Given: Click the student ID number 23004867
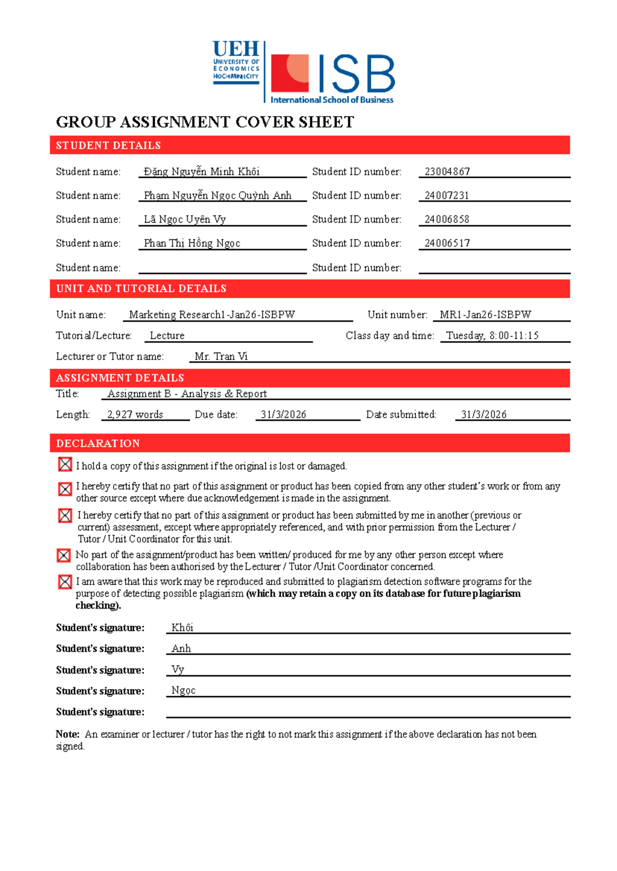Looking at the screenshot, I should (x=447, y=172).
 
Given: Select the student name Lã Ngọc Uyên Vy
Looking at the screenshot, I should (x=185, y=220).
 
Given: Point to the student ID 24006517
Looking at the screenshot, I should (x=447, y=243).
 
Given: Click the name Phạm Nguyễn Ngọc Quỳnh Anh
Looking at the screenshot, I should (x=217, y=196).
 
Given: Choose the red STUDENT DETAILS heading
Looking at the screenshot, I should (x=108, y=146).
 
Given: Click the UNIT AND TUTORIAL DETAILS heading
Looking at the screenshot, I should (x=141, y=288).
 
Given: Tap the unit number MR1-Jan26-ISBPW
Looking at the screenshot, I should (x=485, y=315).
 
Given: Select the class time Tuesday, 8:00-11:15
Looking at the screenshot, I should (x=492, y=336).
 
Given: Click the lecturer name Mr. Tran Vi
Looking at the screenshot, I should (x=221, y=356).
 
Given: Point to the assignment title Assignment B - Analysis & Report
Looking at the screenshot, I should (x=187, y=394).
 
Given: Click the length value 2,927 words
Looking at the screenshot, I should (x=135, y=414).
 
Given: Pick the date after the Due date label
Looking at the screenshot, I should (x=283, y=414).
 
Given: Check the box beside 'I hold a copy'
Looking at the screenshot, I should (x=65, y=465).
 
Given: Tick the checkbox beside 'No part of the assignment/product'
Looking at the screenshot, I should (x=64, y=555).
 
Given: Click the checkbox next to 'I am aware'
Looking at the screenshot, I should (x=65, y=582).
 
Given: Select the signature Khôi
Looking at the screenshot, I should (x=182, y=627).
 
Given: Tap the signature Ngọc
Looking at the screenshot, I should (x=184, y=691).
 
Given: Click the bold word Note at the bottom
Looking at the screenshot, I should (x=67, y=734).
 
